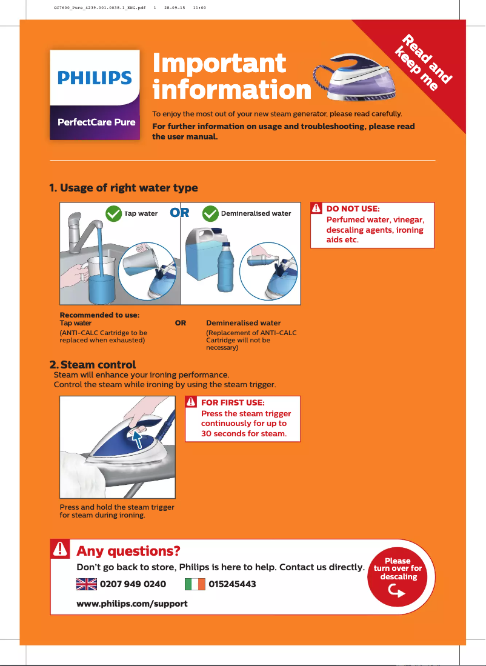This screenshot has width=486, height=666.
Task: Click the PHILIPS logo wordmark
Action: pos(95,78)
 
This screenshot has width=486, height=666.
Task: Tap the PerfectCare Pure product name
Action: pos(96,122)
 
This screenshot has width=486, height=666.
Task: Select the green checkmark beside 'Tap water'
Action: pos(113,213)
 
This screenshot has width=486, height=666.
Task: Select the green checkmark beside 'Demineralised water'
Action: pos(210,213)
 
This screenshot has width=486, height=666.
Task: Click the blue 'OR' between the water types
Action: pos(180,213)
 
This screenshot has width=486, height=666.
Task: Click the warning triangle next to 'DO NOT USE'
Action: pos(316,208)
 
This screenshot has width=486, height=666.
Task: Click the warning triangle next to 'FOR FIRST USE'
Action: pos(191,402)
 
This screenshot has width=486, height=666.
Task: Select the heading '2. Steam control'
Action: pos(92,365)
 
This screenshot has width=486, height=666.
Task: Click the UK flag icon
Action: pos(87,584)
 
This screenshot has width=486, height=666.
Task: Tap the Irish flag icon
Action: pos(195,584)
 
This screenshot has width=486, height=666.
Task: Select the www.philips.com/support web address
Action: pos(131,604)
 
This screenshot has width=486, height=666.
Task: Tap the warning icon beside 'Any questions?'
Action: pos(61,549)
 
